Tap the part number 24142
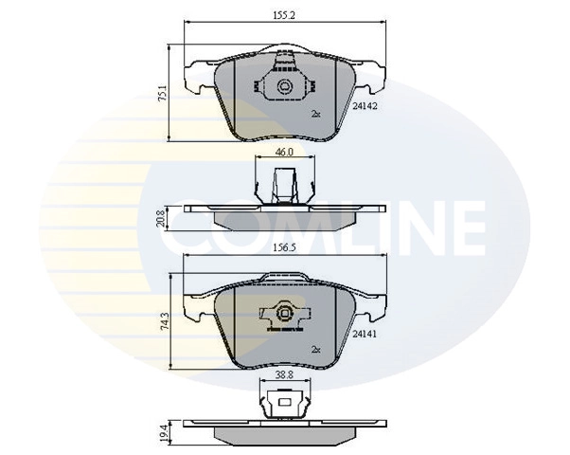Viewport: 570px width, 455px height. point(365,108)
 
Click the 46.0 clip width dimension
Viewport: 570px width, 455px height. point(284,152)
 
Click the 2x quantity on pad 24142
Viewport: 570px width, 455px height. point(316,114)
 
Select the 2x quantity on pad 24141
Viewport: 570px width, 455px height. point(316,349)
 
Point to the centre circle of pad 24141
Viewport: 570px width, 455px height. point(282,315)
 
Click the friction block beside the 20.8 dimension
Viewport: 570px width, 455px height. point(284,220)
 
